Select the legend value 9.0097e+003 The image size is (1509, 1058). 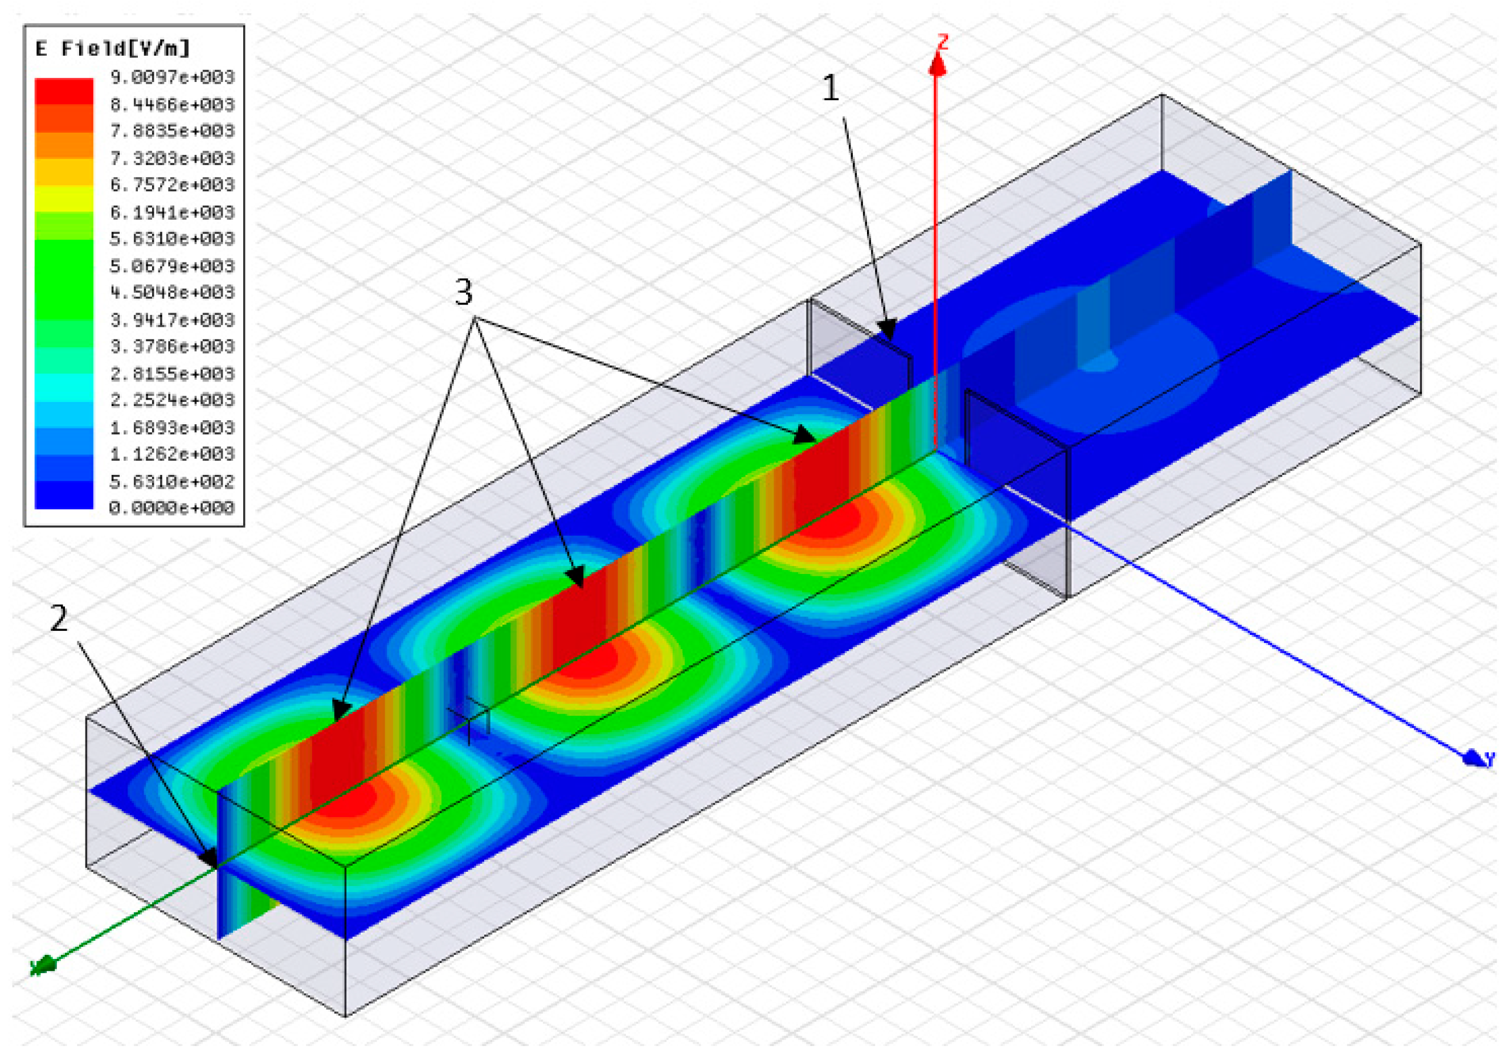tap(172, 77)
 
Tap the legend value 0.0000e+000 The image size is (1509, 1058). tap(172, 507)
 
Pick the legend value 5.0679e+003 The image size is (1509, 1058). tap(172, 266)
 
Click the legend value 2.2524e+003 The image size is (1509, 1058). tap(172, 400)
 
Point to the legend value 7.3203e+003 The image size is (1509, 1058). tap(172, 158)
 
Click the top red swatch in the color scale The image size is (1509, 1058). tap(64, 91)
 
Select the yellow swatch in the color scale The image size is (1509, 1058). tap(64, 199)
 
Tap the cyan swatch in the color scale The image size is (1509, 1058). tap(64, 387)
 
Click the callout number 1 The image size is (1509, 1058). tap(831, 88)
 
